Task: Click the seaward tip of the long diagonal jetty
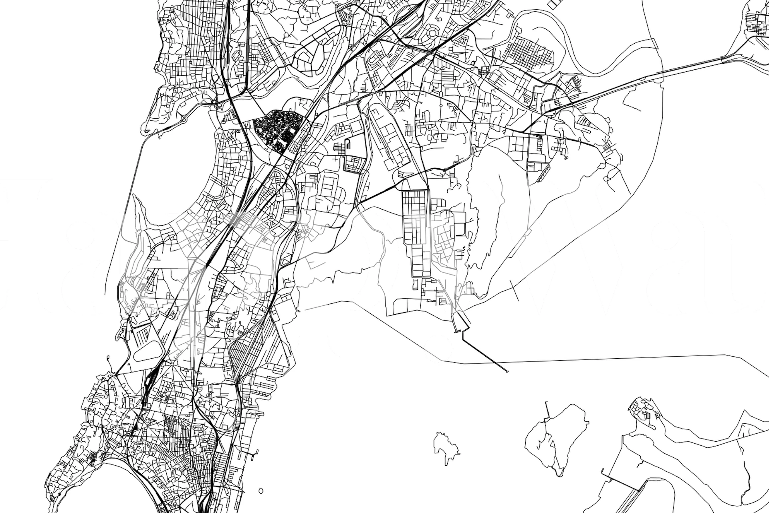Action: tap(507, 372)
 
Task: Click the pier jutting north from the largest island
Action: tap(547, 409)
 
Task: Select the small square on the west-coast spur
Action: tap(108, 356)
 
